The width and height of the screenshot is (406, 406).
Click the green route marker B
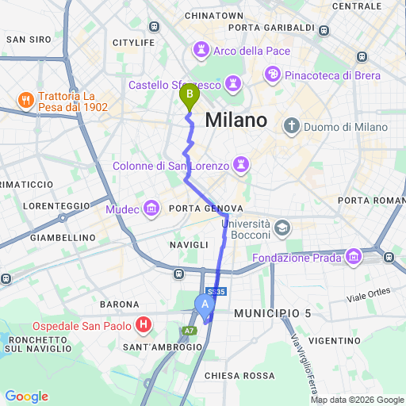189,97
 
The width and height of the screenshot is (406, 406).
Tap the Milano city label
236,121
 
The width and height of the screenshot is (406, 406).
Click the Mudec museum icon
151,209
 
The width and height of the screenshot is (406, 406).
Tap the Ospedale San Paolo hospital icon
144,324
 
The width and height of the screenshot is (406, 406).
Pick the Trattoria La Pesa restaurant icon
25,100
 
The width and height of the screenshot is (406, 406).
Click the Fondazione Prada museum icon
353,256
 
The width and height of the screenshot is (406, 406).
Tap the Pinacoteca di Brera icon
274,75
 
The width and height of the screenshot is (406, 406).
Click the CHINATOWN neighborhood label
213,15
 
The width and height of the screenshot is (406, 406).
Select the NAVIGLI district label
188,246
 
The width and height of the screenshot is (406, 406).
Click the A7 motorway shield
189,331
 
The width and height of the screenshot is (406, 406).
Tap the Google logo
26,396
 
